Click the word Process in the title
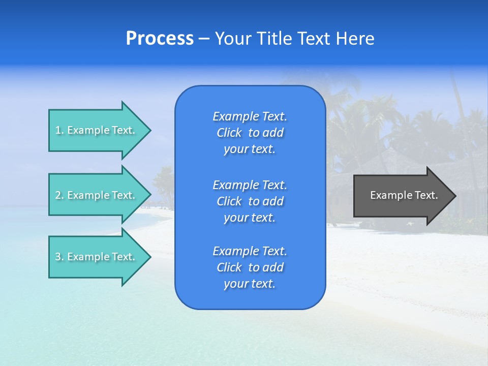click(160, 39)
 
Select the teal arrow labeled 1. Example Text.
click(97, 130)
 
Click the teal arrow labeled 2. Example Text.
click(97, 195)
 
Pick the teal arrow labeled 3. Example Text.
click(97, 257)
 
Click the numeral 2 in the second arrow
click(58, 195)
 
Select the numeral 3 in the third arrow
click(58, 257)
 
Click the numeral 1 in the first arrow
click(58, 130)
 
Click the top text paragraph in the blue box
click(250, 133)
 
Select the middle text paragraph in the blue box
click(250, 201)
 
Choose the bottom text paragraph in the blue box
click(250, 267)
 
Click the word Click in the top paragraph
click(229, 133)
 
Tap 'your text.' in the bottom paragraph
click(250, 284)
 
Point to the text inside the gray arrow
click(404, 195)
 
